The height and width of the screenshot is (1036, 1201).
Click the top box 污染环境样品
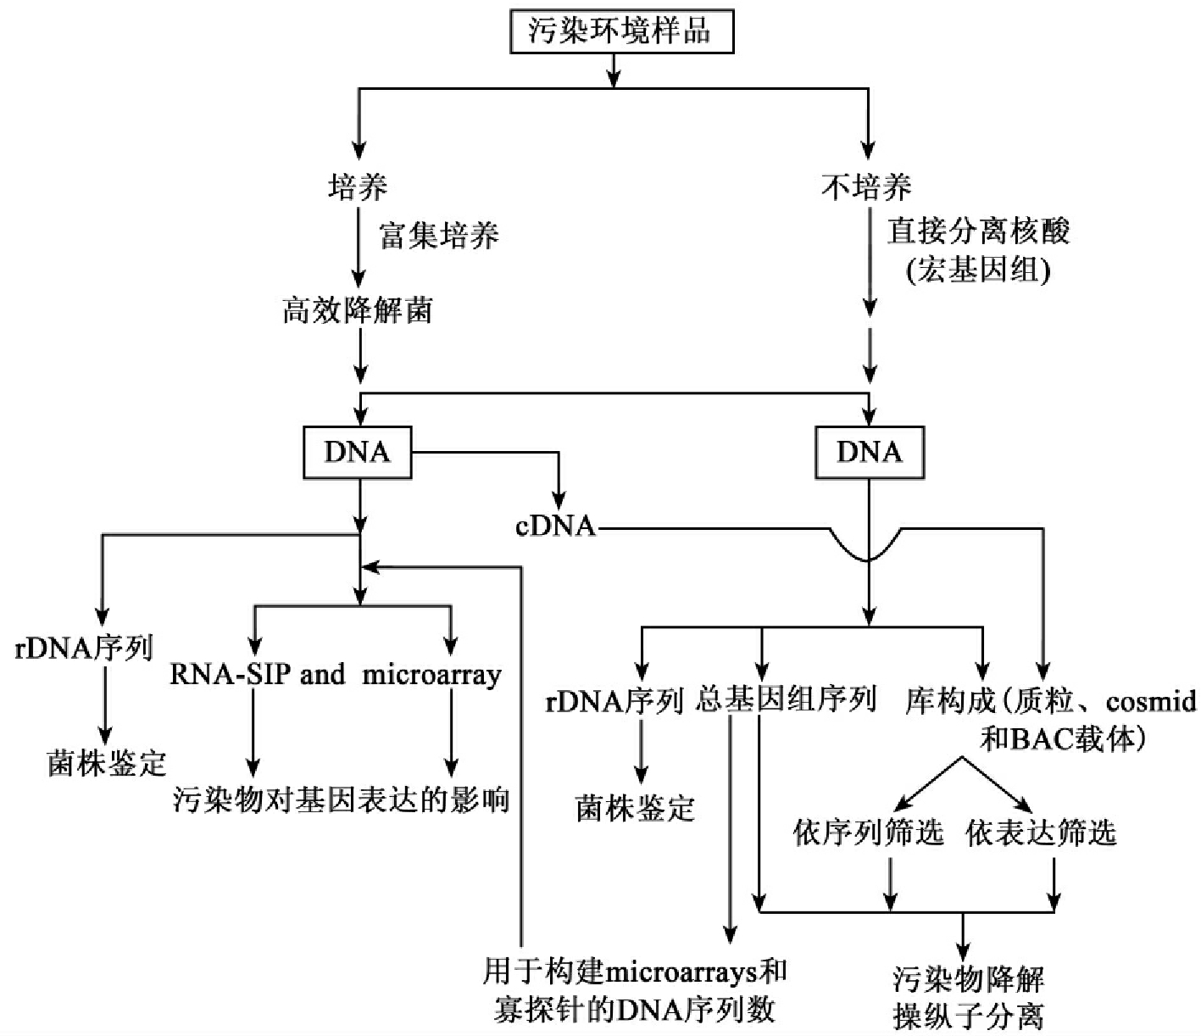pyautogui.click(x=620, y=32)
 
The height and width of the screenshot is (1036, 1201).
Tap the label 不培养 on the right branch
pyautogui.click(x=866, y=187)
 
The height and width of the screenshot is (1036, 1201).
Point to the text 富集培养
pyautogui.click(x=439, y=235)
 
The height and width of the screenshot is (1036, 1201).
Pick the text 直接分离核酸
pyautogui.click(x=978, y=231)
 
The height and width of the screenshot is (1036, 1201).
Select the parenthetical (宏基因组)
pyautogui.click(x=978, y=270)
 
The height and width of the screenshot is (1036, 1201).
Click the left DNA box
pyautogui.click(x=357, y=453)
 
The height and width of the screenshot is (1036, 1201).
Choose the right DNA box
pyautogui.click(x=869, y=453)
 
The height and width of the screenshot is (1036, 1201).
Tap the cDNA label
pyautogui.click(x=555, y=526)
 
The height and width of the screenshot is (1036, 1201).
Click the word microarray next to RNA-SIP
pyautogui.click(x=432, y=675)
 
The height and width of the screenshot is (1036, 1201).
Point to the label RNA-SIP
pyautogui.click(x=230, y=675)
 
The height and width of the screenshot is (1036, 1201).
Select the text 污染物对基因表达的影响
pyautogui.click(x=341, y=799)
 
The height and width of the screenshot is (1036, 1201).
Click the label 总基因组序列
pyautogui.click(x=786, y=700)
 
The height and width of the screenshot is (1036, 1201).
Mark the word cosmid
pyautogui.click(x=1151, y=701)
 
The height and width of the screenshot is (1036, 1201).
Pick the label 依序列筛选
pyautogui.click(x=868, y=833)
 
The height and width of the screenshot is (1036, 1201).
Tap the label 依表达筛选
pyautogui.click(x=1041, y=833)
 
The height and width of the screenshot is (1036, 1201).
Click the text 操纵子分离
pyautogui.click(x=968, y=1017)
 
